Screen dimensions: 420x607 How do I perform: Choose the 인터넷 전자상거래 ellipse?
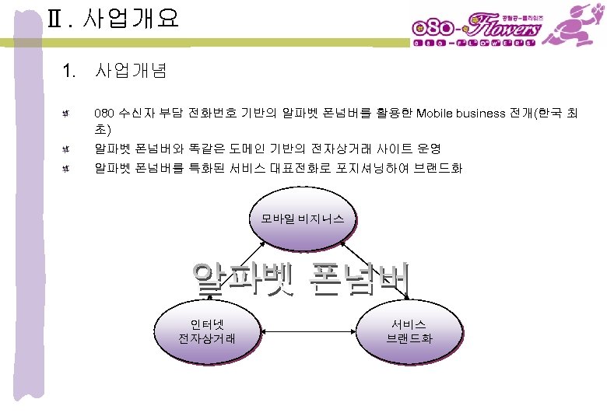(x=207, y=332)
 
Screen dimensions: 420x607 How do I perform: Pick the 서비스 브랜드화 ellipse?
(x=409, y=332)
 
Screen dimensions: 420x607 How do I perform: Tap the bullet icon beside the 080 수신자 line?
(x=68, y=114)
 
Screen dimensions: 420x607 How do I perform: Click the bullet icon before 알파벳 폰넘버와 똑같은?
(x=68, y=148)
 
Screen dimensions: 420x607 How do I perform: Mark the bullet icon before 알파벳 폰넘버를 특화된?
(x=68, y=167)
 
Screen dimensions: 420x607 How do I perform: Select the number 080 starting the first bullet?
(x=103, y=114)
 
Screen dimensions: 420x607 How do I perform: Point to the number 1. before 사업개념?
(x=69, y=72)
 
